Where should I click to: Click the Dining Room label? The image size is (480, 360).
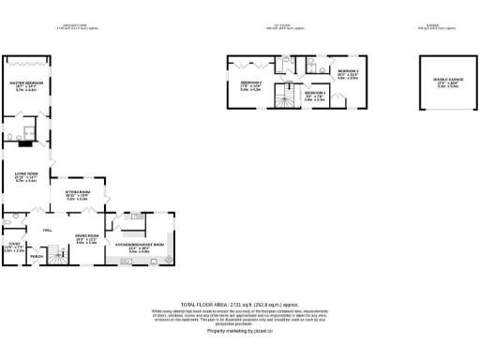[x=87, y=236]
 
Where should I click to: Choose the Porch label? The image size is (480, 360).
[x=37, y=255]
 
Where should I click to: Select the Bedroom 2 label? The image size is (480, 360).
[x=349, y=71]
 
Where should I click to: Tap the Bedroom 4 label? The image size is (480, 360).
[x=315, y=93]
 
